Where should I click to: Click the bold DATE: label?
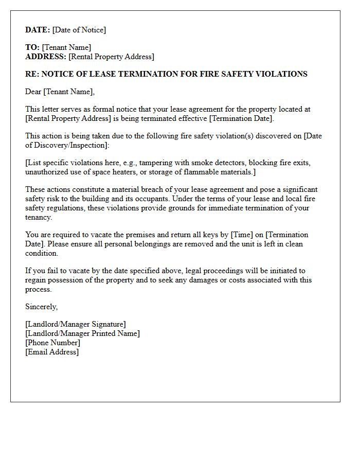[38, 30]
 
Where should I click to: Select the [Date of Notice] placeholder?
[79, 30]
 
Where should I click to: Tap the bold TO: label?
[32, 47]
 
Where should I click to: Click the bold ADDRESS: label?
[46, 57]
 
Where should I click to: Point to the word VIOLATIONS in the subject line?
[280, 74]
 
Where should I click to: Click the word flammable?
[199, 172]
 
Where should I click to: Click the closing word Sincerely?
[41, 307]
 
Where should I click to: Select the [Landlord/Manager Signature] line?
[76, 324]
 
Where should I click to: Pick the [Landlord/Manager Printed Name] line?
[82, 333]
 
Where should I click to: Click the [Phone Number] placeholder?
[52, 343]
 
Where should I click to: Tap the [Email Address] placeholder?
[52, 352]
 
